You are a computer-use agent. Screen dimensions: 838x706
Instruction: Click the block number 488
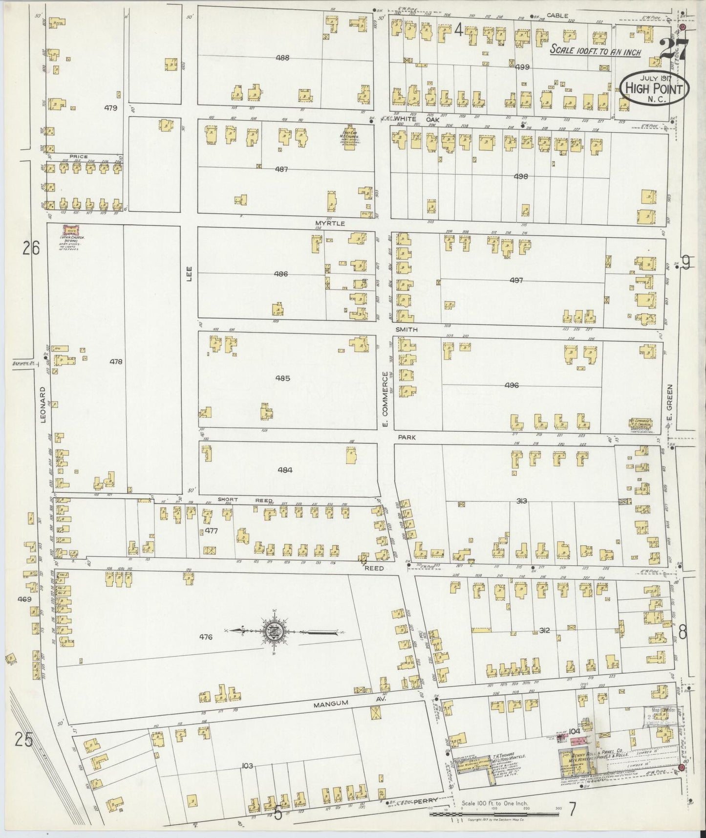(x=282, y=58)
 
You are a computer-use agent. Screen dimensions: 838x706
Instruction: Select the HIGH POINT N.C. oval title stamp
(x=654, y=88)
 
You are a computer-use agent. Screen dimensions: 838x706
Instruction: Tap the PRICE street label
(x=78, y=156)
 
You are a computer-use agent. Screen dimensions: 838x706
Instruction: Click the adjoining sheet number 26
(x=30, y=249)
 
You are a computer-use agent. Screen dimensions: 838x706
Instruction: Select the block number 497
(x=516, y=280)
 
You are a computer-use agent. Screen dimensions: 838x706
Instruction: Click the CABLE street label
(x=557, y=16)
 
